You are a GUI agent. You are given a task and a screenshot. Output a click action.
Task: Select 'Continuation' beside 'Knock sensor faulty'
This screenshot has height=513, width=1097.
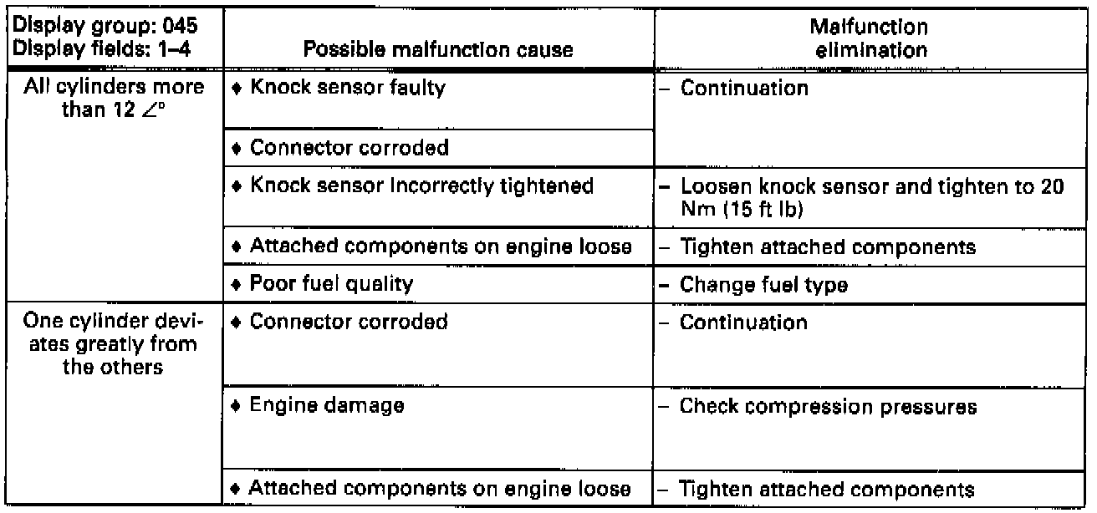[744, 89]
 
